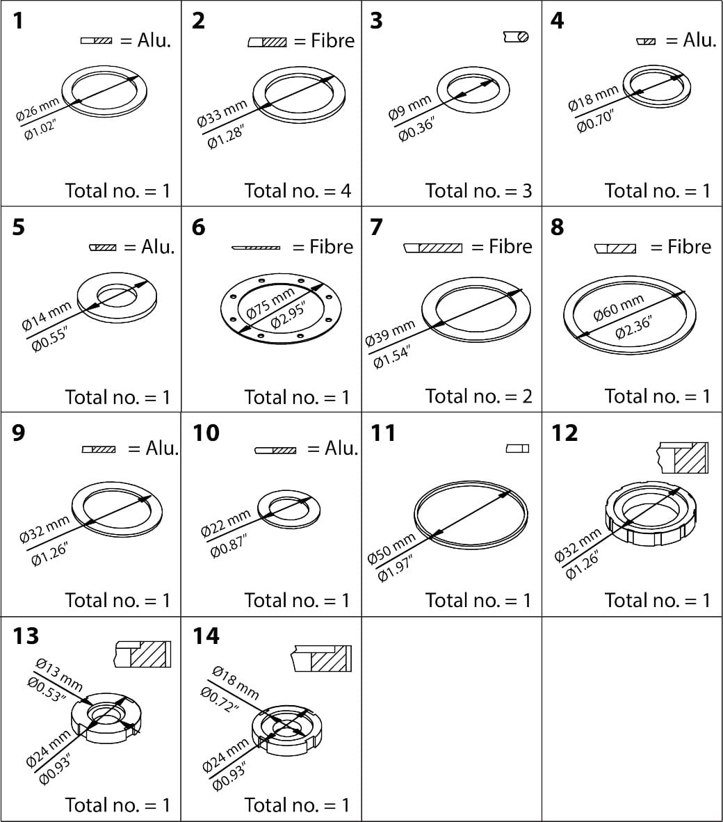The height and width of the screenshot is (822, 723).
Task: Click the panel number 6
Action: click(x=199, y=227)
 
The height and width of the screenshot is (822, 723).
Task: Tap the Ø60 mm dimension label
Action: click(x=618, y=307)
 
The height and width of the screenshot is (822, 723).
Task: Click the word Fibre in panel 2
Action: click(x=332, y=41)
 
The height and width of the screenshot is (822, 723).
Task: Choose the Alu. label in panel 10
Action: click(x=341, y=449)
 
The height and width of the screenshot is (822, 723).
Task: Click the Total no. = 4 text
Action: click(x=298, y=191)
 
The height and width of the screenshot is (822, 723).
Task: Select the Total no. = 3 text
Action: click(x=478, y=191)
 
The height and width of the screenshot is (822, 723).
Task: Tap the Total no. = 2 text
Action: click(x=478, y=396)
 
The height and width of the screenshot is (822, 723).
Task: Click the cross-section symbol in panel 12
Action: click(x=682, y=458)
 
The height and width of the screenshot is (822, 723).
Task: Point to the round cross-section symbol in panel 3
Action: click(x=516, y=36)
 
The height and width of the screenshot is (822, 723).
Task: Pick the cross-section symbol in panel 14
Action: click(x=320, y=659)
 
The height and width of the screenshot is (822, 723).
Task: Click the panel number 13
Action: click(x=25, y=636)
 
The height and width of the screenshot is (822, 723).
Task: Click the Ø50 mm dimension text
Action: click(x=391, y=549)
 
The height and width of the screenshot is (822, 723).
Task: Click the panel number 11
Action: click(x=382, y=433)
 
